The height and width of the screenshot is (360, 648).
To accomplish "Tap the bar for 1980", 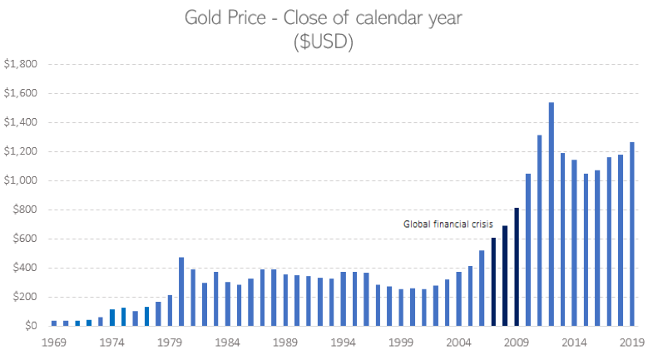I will [x=181, y=291].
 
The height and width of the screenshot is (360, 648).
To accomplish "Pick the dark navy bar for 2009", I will [x=516, y=266].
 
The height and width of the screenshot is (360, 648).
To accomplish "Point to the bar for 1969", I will [x=54, y=323].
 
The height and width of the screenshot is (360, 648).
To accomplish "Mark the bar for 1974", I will [x=112, y=317].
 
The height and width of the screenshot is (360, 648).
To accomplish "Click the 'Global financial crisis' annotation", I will [x=448, y=224].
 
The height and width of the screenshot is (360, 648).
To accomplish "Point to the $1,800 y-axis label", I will [x=21, y=64].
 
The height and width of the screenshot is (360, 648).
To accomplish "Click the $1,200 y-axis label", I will [x=21, y=151].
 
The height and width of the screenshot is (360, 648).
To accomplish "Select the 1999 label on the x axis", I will [x=401, y=342].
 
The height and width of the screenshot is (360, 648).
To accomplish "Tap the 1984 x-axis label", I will [x=227, y=342].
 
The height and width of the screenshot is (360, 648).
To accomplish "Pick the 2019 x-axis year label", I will [x=631, y=342].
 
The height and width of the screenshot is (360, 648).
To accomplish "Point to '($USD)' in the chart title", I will [x=324, y=43].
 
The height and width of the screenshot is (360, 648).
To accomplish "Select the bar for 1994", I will [x=343, y=298].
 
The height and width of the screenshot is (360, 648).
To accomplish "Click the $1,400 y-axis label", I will [x=21, y=122].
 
